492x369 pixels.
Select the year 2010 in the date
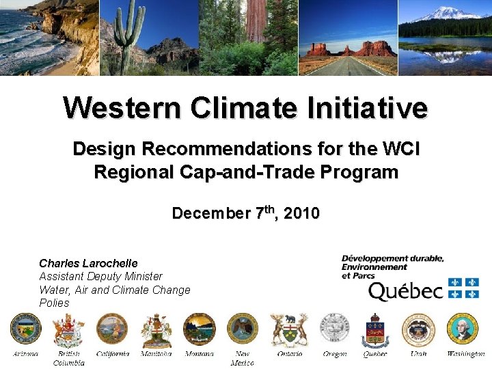click(x=301, y=214)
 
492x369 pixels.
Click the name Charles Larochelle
click(x=88, y=263)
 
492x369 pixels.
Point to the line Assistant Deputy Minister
click(x=100, y=277)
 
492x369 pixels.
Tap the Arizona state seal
click(x=25, y=329)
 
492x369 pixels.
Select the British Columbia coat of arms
click(x=68, y=331)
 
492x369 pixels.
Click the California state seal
click(x=112, y=329)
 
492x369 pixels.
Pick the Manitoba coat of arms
click(x=156, y=331)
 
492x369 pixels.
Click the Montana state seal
click(x=199, y=329)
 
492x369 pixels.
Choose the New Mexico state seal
click(x=242, y=329)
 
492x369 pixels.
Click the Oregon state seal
click(x=335, y=329)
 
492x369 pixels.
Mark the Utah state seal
click(x=418, y=329)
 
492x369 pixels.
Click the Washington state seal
click(x=463, y=329)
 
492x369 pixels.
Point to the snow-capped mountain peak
click(x=448, y=12)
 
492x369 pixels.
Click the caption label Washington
click(x=465, y=354)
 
